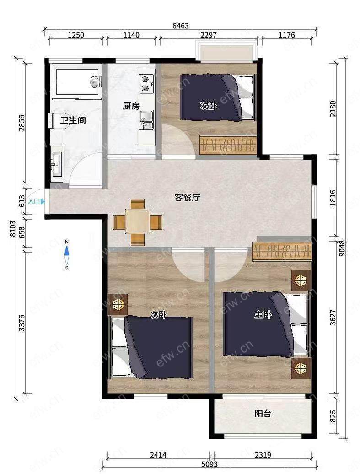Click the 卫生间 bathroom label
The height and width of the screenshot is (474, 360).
tap(73, 120)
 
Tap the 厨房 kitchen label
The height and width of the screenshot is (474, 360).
tap(131, 106)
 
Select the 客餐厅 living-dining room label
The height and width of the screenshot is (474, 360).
tap(188, 198)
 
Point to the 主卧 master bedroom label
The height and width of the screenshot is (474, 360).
tap(263, 315)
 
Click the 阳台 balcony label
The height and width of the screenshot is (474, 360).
tap(263, 413)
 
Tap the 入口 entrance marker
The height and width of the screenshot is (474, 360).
tap(36, 201)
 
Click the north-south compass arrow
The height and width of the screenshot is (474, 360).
tap(67, 255)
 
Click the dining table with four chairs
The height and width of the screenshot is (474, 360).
tap(138, 222)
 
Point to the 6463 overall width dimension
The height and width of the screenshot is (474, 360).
tap(181, 26)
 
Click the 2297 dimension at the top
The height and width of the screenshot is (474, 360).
tap(209, 35)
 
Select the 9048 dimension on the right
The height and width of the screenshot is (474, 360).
tap(342, 248)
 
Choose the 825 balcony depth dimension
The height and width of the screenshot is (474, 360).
tap(333, 416)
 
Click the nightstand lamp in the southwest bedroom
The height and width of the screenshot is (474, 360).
tap(118, 304)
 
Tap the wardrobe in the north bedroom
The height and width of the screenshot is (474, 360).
tap(228, 145)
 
